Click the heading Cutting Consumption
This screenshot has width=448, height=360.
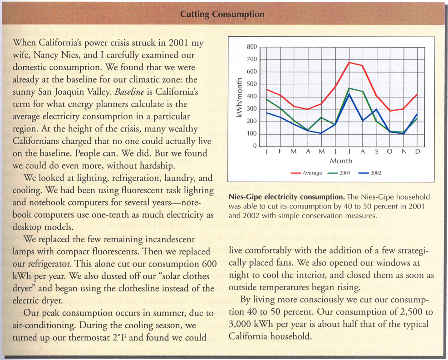pyautogui.click(x=222, y=14)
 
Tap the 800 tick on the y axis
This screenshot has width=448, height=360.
pyautogui.click(x=252, y=47)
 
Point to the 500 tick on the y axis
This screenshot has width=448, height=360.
pyautogui.click(x=252, y=84)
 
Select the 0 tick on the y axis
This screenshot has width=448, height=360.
pyautogui.click(x=255, y=146)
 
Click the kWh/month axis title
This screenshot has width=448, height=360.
pyautogui.click(x=239, y=97)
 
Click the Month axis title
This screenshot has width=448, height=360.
pyautogui.click(x=341, y=161)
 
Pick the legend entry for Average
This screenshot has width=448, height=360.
pyautogui.click(x=306, y=173)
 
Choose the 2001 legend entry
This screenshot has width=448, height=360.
pyautogui.click(x=339, y=173)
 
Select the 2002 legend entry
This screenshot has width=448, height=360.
pyautogui.click(x=370, y=173)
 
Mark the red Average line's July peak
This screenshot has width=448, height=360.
pyautogui.click(x=349, y=62)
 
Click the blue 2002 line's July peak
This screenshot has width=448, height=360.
pyautogui.click(x=349, y=94)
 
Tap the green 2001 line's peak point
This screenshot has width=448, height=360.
pyautogui.click(x=349, y=88)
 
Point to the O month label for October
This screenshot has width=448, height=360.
pyautogui.click(x=390, y=151)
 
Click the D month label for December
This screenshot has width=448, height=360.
pyautogui.click(x=418, y=151)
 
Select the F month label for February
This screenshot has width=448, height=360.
pyautogui.click(x=280, y=151)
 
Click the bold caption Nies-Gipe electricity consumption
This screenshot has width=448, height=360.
pyautogui.click(x=287, y=197)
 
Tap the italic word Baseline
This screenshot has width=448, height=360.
pyautogui.click(x=129, y=92)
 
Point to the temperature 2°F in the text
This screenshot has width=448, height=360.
pyautogui.click(x=119, y=337)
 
